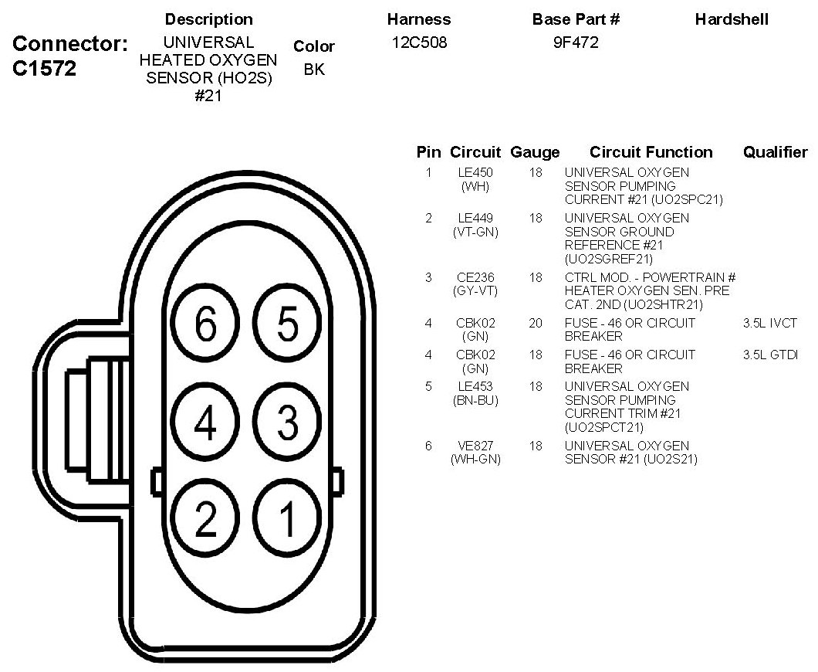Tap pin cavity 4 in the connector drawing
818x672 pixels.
205,422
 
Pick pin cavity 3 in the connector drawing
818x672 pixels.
287,422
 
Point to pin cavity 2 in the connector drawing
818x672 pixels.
205,520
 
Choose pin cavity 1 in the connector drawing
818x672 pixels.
287,520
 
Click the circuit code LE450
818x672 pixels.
475,172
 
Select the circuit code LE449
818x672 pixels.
475,218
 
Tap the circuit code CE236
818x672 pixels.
475,277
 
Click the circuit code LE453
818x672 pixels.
475,386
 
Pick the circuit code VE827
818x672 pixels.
475,446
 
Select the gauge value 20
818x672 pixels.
536,323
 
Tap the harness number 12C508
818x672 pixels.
419,43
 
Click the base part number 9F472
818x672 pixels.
576,43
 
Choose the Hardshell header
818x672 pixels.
732,19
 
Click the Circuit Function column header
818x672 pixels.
651,152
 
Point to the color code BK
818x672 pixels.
314,69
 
